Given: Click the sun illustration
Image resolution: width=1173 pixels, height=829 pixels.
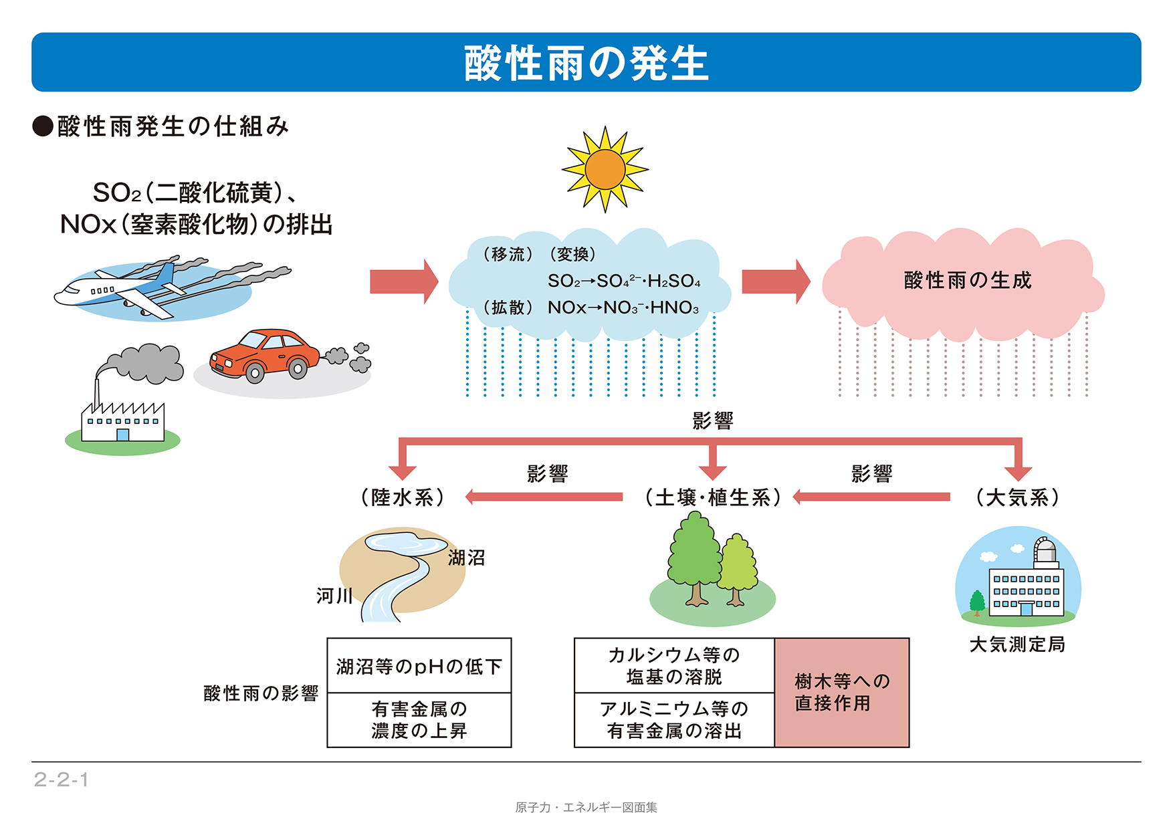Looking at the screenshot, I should pos(605,169).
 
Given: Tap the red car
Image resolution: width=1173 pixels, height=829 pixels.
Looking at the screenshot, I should pos(265,355).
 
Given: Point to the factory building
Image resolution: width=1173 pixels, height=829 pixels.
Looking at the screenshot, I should pos(122,422).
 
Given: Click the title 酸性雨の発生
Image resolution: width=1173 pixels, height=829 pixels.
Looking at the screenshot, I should pos(586,63).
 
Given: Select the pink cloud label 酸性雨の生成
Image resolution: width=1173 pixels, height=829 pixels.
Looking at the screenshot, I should pos(967,280).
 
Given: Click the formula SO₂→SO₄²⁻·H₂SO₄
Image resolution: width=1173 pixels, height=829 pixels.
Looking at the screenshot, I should pos(623,281).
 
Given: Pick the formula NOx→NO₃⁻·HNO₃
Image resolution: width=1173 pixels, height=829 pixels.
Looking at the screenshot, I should pos(623,308).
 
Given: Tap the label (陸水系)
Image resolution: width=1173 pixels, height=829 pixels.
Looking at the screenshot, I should pos(403,497).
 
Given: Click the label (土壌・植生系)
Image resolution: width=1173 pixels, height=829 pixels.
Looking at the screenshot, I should pos(712,497).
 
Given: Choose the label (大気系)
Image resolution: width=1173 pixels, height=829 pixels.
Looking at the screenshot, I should pos(1017,497).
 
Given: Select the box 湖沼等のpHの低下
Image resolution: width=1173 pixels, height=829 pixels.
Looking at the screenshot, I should pos(419,667).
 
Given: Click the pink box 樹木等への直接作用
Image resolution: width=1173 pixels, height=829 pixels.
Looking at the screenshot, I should pos(842,693).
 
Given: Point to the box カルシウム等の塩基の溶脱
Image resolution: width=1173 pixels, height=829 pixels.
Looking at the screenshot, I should pos(674,666).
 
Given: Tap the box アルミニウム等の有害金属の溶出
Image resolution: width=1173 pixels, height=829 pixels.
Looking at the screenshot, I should pos(674,720).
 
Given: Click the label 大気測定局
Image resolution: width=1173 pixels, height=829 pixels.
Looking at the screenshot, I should pos(1017,644).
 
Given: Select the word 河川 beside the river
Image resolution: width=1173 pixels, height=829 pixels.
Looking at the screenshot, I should pos(334,595).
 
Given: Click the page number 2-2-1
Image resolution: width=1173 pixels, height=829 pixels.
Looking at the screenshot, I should pos(62,780).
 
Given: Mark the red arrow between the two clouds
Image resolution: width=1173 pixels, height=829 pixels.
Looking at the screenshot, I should pos(775,281).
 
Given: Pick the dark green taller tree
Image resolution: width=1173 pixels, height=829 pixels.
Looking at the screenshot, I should pos(695,555).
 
